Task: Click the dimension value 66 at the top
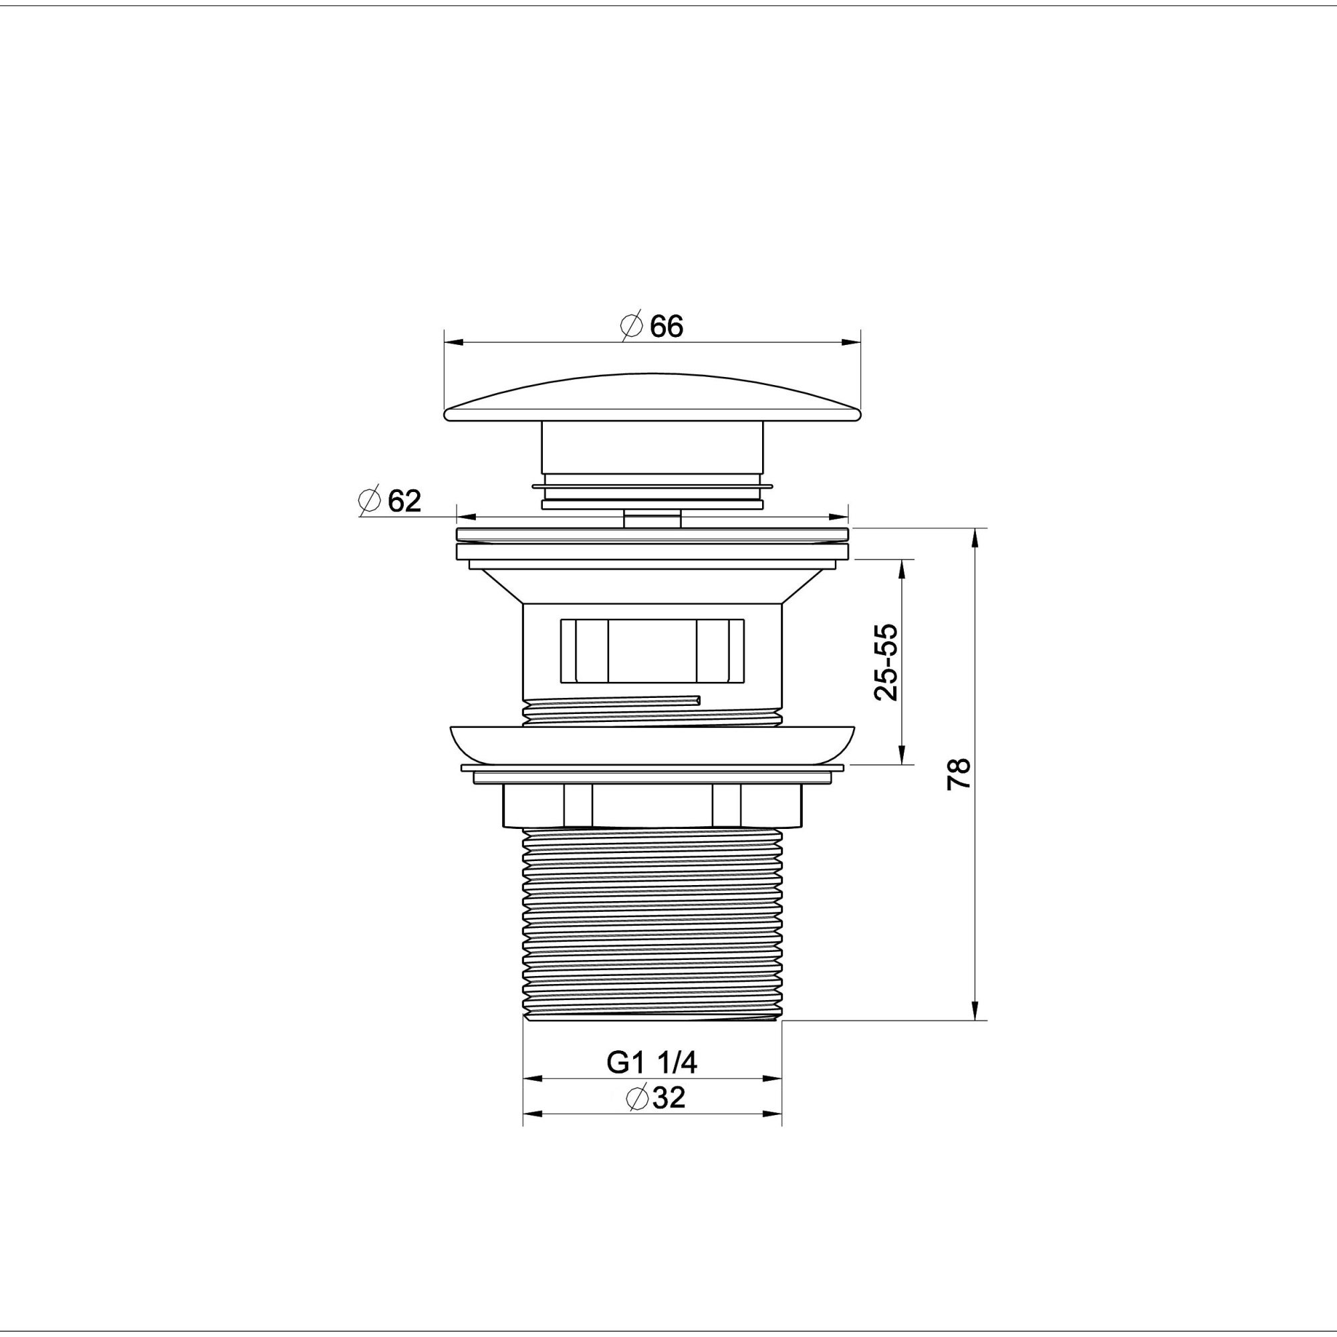(666, 326)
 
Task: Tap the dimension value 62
(404, 501)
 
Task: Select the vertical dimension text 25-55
(886, 662)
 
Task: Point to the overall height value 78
(959, 773)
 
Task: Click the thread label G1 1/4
(652, 1062)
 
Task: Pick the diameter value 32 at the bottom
(668, 1098)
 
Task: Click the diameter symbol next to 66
(631, 326)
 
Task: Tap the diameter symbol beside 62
(370, 501)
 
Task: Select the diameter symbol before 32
(636, 1098)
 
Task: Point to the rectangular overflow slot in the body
(652, 650)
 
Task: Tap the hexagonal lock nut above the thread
(652, 806)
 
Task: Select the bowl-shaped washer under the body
(652, 745)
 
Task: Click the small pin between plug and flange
(652, 518)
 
